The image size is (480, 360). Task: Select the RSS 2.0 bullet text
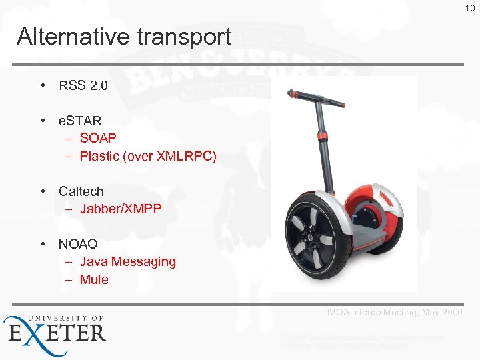(x=83, y=85)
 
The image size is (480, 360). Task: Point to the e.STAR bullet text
(x=80, y=121)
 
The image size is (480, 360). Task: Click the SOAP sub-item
(x=98, y=138)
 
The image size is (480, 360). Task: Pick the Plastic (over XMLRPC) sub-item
(x=148, y=156)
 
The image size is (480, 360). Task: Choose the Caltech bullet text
(x=81, y=191)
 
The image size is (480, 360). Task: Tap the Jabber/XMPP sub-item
(x=121, y=209)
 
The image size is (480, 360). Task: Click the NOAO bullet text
(x=78, y=244)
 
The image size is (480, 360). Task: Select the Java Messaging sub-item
(x=127, y=261)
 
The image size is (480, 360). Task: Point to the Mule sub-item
(x=94, y=279)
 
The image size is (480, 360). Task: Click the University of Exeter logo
(x=55, y=329)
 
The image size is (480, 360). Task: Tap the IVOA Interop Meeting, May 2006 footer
(x=395, y=313)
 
